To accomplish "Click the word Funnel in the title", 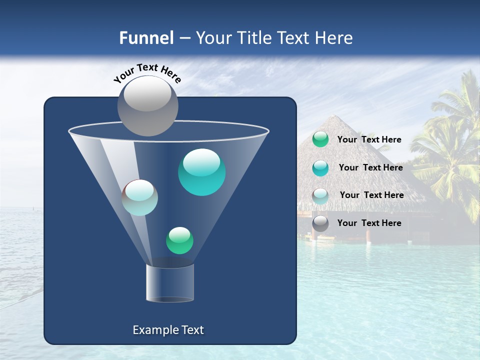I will click(146, 38).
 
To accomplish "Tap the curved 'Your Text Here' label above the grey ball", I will click(147, 73).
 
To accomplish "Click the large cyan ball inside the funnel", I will click(201, 172).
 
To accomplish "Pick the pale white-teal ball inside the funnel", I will click(140, 197).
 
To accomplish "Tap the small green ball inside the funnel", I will click(179, 240).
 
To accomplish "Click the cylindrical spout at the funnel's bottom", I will click(170, 283).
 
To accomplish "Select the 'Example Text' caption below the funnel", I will click(168, 330).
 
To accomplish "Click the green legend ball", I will click(320, 139).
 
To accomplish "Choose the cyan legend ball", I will click(320, 168).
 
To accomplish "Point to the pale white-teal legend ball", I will click(320, 195).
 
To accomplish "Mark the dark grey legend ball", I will click(320, 223).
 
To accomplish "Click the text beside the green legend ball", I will click(369, 140).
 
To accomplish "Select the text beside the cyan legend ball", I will click(370, 168).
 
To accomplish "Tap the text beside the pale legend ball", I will click(371, 195).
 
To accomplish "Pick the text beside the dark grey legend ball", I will click(369, 223).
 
